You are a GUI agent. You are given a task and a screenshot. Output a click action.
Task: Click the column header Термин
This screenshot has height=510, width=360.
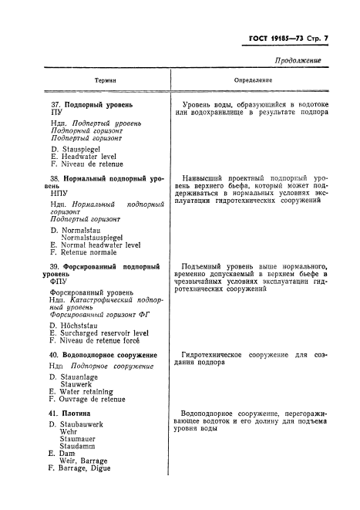tap(106, 80)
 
